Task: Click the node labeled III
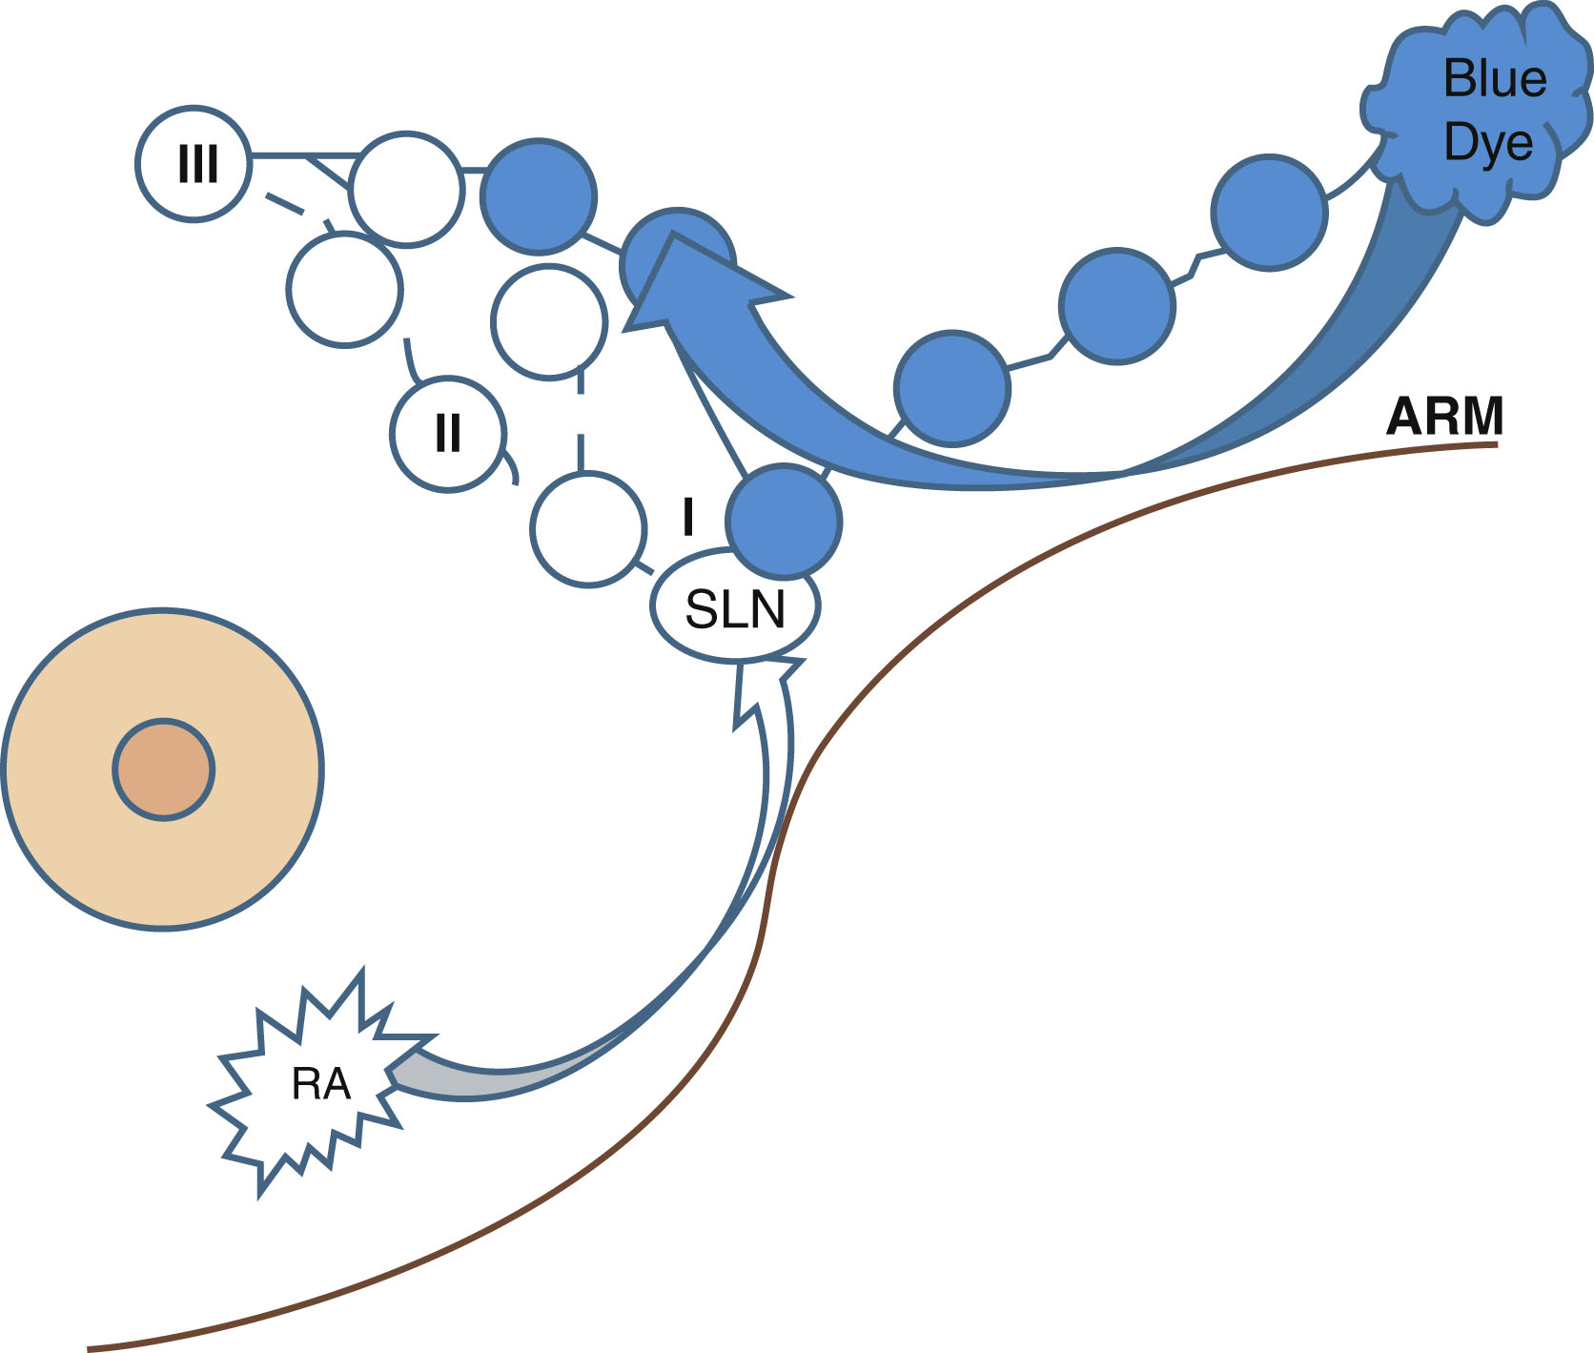tap(194, 164)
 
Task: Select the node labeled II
tap(447, 434)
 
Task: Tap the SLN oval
tap(735, 608)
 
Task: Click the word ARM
tap(1444, 417)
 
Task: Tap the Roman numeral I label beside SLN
tap(688, 518)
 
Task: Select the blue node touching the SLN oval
tap(784, 521)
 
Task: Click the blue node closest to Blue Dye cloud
tap(1269, 213)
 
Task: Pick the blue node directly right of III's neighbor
tap(540, 197)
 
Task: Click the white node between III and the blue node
tap(406, 190)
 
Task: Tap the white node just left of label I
tap(588, 528)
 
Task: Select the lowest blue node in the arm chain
tap(951, 388)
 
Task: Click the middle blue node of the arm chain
tap(1116, 306)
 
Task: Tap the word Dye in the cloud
tap(1488, 143)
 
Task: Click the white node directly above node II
tap(345, 290)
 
